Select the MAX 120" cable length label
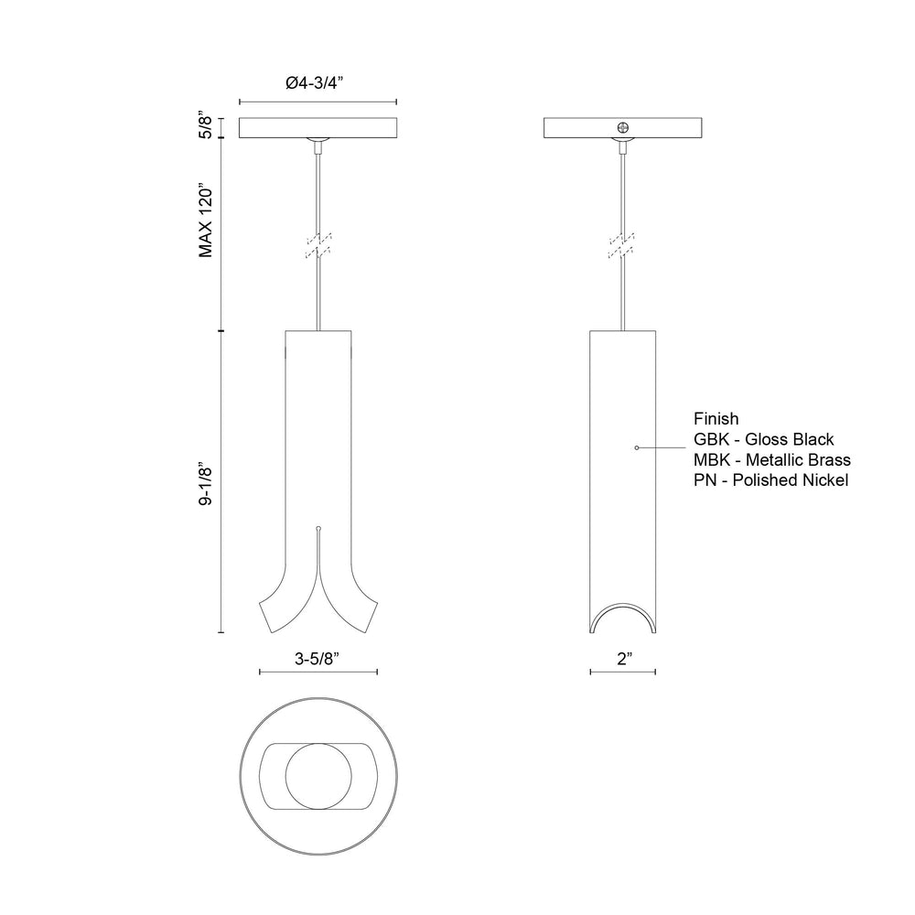coord(206,221)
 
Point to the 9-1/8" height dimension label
coord(206,485)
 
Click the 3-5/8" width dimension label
coord(318,659)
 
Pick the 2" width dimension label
coord(625,659)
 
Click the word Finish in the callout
coord(716,418)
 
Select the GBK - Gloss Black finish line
coord(763,439)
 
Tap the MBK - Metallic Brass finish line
coord(772,460)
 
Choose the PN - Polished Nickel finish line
coord(770,480)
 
